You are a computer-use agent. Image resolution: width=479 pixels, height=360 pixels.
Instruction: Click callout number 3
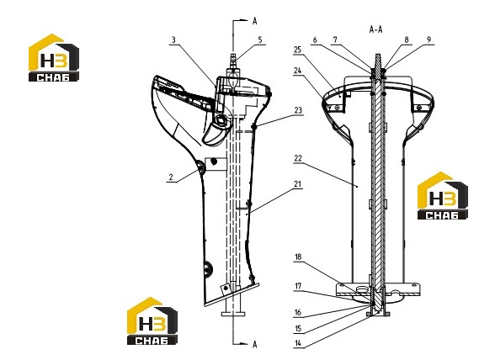173,40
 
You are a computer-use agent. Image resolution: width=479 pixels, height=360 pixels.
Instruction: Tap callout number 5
260,40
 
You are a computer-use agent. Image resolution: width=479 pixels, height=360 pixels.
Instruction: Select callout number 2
171,177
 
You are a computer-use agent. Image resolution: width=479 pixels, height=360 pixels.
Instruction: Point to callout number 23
298,110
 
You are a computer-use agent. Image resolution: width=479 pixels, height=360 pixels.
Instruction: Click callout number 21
297,184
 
